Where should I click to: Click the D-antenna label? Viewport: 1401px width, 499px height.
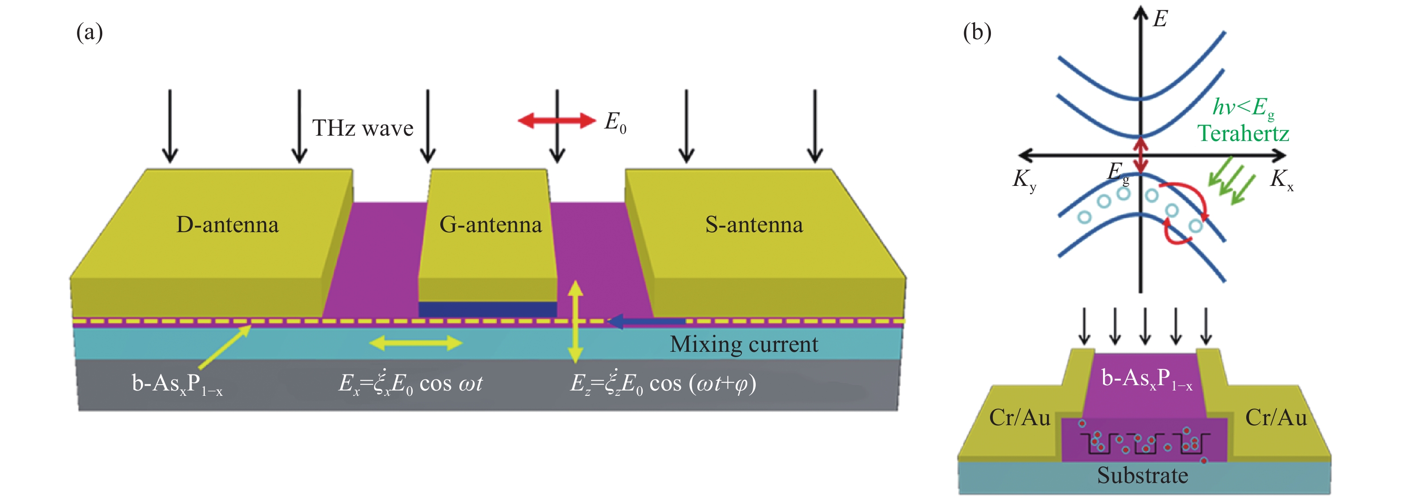tap(227, 225)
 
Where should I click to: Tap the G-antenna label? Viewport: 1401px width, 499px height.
tap(490, 225)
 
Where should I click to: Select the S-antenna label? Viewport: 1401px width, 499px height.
tap(754, 225)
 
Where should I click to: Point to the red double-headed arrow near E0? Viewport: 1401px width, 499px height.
tap(556, 120)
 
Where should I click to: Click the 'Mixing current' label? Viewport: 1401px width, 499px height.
tap(744, 345)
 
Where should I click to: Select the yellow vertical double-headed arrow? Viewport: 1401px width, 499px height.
tap(576, 322)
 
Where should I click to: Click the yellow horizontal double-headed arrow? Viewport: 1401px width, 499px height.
tap(415, 343)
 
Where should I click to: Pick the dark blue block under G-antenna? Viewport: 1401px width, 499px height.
tap(487, 309)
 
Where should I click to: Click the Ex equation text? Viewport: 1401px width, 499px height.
tap(410, 383)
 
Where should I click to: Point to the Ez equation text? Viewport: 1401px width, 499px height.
tap(662, 383)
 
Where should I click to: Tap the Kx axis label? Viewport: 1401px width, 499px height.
tap(1281, 179)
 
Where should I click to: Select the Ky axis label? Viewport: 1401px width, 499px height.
tap(1024, 179)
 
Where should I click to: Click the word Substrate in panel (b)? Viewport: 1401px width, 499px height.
tap(1142, 475)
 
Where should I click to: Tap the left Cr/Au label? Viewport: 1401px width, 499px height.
tap(1019, 418)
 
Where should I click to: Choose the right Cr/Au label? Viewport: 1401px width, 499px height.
tap(1276, 418)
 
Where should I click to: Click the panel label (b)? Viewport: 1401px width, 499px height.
tap(977, 32)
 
